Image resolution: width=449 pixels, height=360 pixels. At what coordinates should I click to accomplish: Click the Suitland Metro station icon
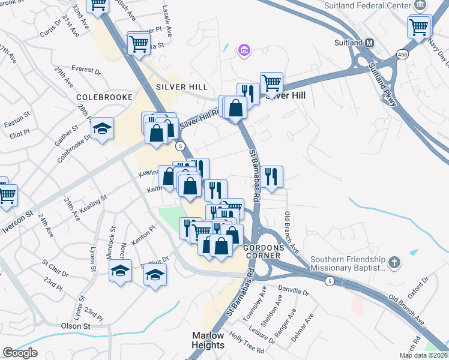pyautogui.click(x=369, y=43)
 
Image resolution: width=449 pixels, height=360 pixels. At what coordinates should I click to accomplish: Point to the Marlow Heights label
pyautogui.click(x=208, y=340)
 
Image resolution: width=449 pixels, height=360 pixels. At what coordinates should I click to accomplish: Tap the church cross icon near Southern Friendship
pyautogui.click(x=394, y=262)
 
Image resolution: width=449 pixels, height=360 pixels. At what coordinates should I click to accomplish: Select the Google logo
pyautogui.click(x=20, y=353)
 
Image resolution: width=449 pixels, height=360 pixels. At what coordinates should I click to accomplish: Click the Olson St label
pyautogui.click(x=75, y=326)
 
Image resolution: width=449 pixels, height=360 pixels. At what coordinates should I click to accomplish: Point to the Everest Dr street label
pyautogui.click(x=86, y=70)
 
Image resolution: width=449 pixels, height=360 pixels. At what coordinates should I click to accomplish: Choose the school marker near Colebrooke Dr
pyautogui.click(x=103, y=128)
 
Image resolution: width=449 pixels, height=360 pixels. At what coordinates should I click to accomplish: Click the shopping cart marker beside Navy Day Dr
pyautogui.click(x=419, y=26)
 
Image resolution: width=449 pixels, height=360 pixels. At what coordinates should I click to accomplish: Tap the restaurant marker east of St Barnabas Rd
pyautogui.click(x=271, y=177)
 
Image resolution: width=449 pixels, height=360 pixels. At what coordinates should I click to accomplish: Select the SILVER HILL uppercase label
pyautogui.click(x=178, y=86)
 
